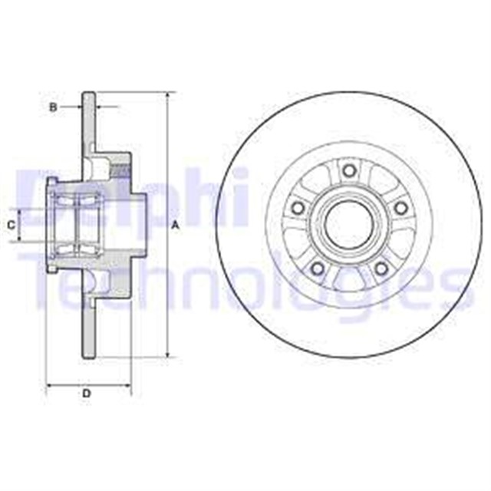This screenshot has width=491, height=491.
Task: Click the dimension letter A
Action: pos(175,225)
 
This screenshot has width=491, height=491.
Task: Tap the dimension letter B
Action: pos(53,107)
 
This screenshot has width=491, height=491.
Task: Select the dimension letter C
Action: pos(11,225)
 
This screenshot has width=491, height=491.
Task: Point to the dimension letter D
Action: pos(87,394)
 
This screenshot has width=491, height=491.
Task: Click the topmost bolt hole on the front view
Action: pos(349,170)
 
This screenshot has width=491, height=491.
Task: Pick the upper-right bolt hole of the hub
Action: pos(400,207)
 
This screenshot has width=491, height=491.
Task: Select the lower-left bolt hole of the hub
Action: pos(318,267)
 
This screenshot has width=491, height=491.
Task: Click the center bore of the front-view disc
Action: pos(349,224)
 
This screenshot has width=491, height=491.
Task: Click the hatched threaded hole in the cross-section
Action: pos(121,164)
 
